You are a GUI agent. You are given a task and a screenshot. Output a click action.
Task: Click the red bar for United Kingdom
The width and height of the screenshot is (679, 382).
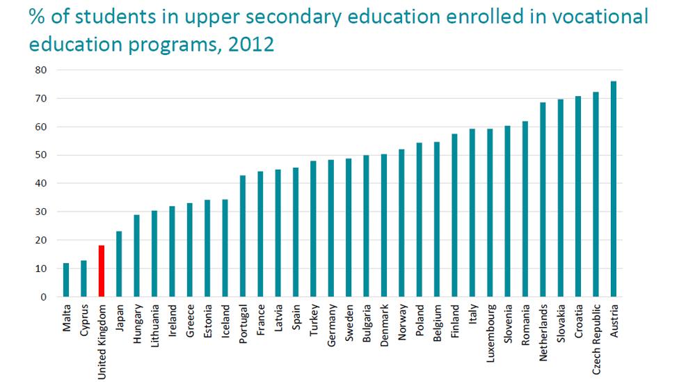pos(102,271)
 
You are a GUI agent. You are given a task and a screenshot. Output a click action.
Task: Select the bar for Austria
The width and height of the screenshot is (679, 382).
pos(613,189)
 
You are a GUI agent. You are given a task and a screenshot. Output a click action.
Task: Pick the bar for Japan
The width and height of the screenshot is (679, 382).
pos(119,264)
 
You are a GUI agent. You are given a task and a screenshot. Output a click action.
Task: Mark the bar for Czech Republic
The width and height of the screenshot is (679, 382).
pos(596,194)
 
